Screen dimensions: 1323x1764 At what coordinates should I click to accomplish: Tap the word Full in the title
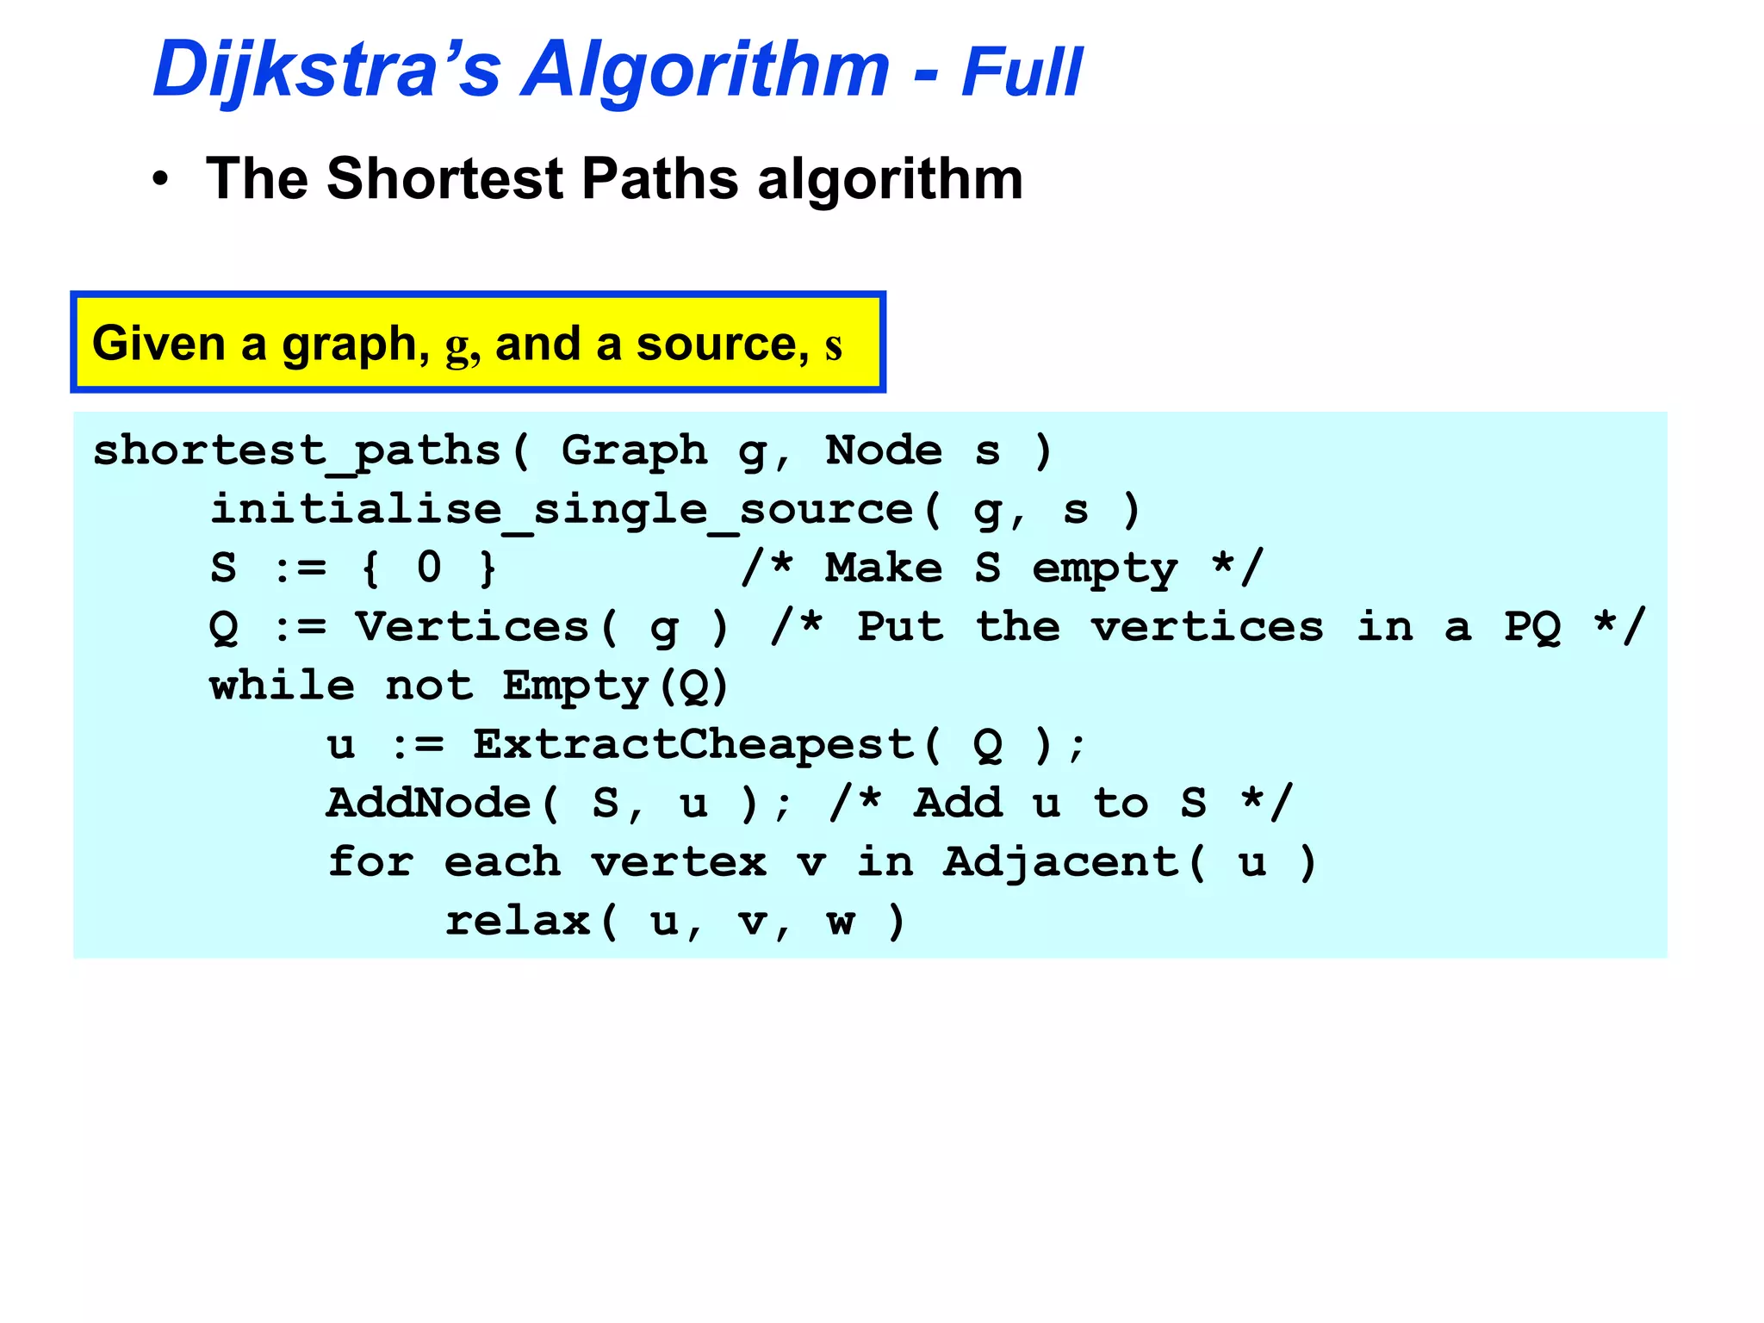(x=1021, y=72)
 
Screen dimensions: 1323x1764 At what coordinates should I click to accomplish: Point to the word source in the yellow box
(x=715, y=344)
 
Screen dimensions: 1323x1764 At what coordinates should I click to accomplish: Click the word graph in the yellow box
(x=349, y=345)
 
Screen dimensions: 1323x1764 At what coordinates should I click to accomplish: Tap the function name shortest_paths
(x=297, y=451)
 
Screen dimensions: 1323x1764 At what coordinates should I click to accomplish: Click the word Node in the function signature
(x=884, y=450)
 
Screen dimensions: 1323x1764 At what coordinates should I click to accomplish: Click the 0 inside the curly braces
(x=429, y=568)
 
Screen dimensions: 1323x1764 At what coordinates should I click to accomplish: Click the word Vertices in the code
(x=473, y=627)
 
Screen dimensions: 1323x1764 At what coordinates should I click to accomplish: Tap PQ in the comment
(x=1532, y=628)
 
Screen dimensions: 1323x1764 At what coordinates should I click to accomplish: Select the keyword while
(x=282, y=686)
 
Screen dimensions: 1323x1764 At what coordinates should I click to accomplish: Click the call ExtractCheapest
(x=693, y=745)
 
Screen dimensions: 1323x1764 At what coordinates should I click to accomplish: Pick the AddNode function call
(x=429, y=804)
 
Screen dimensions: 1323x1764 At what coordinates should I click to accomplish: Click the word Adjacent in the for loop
(x=1060, y=863)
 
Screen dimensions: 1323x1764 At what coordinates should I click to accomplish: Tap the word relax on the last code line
(x=517, y=922)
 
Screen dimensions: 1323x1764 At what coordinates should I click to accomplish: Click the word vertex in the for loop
(x=679, y=863)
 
